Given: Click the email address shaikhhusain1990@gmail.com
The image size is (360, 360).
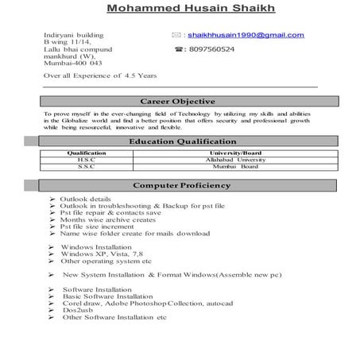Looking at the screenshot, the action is pyautogui.click(x=246, y=35).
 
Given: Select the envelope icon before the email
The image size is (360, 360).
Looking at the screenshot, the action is pyautogui.click(x=176, y=35).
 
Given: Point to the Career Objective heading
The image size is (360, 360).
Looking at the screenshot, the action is pyautogui.click(x=178, y=102).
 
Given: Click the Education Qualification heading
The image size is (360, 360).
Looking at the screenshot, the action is pyautogui.click(x=178, y=141).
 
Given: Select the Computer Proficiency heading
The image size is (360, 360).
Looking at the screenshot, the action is pyautogui.click(x=181, y=185).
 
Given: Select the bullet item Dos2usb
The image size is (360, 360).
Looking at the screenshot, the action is pyautogui.click(x=80, y=310).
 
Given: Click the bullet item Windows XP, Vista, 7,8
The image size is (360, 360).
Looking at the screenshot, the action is pyautogui.click(x=101, y=254).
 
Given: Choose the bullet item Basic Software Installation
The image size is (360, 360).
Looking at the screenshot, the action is pyautogui.click(x=108, y=296).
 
